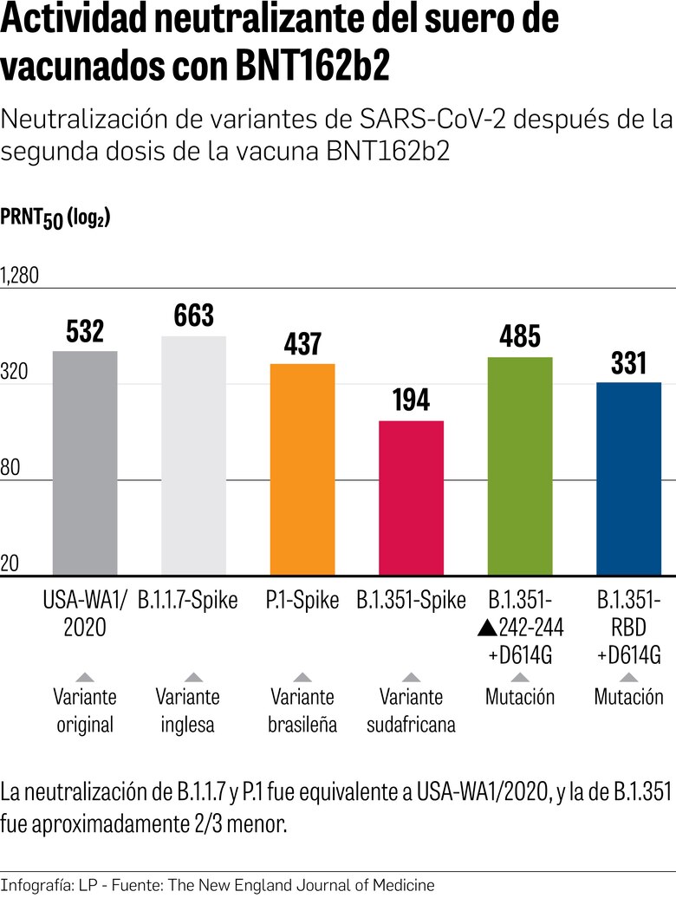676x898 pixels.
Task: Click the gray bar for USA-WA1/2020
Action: (85, 463)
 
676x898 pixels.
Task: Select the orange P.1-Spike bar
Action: (302, 469)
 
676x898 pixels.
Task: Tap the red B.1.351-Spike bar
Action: (412, 498)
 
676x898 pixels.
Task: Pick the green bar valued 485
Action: (520, 465)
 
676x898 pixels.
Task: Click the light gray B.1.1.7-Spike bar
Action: (193, 455)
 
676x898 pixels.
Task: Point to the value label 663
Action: (193, 316)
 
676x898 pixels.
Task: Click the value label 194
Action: (412, 400)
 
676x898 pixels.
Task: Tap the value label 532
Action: (85, 331)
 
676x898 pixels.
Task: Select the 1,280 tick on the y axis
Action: (20, 277)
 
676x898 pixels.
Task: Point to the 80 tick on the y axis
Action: (11, 469)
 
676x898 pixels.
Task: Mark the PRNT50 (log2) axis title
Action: (55, 218)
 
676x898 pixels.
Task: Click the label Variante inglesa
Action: (187, 710)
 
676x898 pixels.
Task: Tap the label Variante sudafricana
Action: (412, 710)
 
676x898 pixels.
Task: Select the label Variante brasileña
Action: (302, 710)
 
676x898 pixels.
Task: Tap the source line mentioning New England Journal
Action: (217, 885)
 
